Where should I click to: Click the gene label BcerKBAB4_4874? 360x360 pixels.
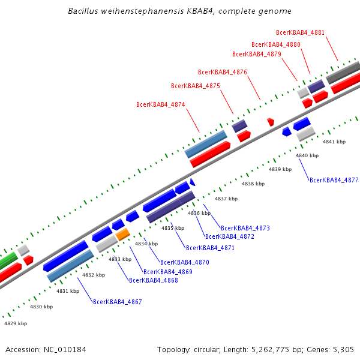point(160,104)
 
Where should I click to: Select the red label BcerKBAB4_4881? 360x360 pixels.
point(300,32)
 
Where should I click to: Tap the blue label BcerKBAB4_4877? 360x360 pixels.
point(334,180)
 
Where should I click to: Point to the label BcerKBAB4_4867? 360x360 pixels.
point(118,302)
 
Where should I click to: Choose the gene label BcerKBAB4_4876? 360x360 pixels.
point(223,72)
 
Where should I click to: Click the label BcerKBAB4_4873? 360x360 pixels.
point(245,228)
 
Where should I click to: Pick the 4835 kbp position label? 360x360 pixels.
point(172,228)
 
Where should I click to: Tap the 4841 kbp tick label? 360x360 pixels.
point(334,142)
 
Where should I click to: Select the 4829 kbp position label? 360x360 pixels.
point(16,323)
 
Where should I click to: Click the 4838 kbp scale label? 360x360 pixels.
point(253,184)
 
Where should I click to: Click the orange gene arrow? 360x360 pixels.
point(122,234)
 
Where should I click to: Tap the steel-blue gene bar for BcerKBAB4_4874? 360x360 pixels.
point(206,144)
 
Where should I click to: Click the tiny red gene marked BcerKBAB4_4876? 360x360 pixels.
point(271,121)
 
